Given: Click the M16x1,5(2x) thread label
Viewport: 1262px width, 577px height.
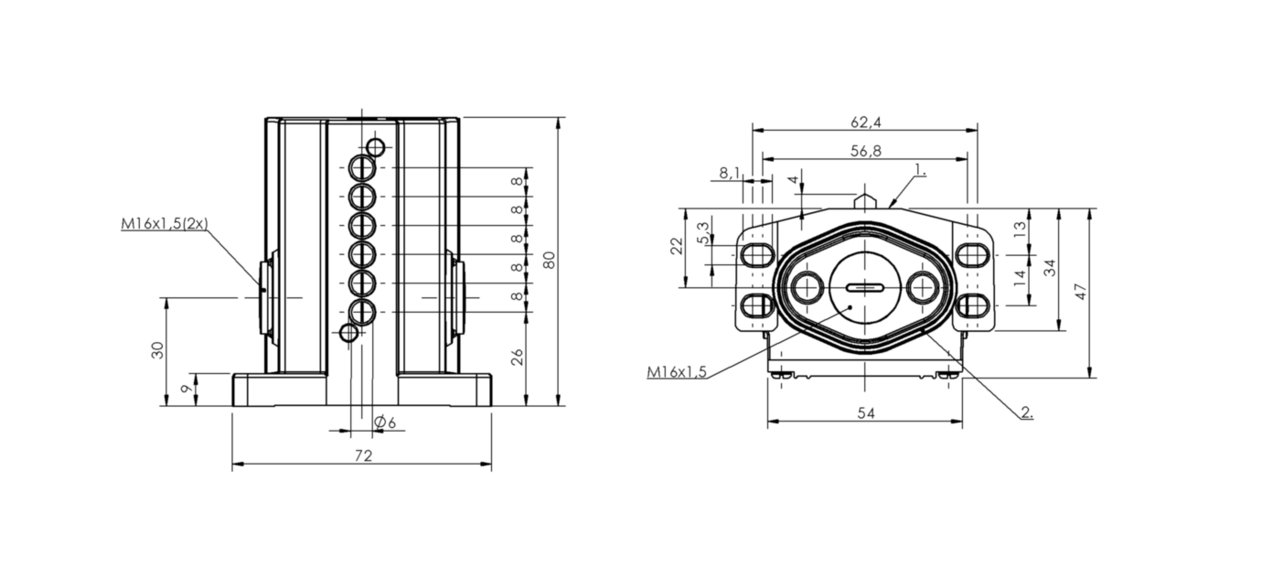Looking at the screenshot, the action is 165,224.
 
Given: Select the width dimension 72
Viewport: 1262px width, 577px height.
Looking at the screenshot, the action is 364,455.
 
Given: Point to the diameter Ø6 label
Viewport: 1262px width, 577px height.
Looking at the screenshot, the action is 385,422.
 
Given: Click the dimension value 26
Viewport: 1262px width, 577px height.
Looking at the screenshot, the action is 518,358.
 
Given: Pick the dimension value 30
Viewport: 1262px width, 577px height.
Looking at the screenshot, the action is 157,350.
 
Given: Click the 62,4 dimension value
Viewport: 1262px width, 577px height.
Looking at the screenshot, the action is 866,122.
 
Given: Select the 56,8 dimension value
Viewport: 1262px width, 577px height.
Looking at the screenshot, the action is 866,151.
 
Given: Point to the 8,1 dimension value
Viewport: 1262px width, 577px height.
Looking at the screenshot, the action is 730,173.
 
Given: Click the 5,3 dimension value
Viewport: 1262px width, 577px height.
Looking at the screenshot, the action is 703,232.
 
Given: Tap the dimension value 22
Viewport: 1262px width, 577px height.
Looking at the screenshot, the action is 676,246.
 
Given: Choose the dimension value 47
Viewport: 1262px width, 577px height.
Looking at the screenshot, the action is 1081,292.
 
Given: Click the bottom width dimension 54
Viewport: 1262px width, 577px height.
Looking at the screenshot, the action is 866,413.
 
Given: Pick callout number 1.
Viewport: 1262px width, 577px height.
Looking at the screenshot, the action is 921,169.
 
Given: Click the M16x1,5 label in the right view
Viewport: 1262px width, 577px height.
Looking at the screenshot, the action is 677,372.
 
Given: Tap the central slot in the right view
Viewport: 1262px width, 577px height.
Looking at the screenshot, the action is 865,288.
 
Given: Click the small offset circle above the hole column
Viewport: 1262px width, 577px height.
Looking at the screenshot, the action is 375,147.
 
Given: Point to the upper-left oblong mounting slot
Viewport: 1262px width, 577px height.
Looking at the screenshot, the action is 757,255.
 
